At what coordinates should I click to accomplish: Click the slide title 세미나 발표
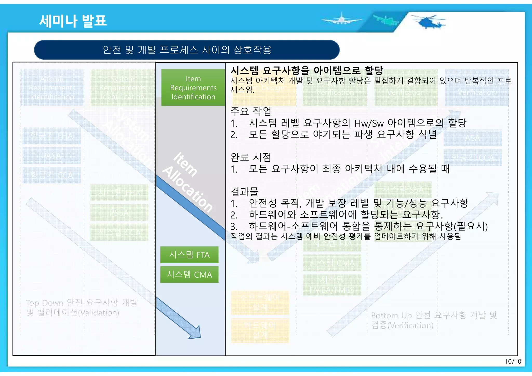point(73,21)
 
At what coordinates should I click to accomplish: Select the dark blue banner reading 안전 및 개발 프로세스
point(187,50)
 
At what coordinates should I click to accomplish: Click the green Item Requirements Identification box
point(193,88)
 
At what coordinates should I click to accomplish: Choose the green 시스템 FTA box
point(189,255)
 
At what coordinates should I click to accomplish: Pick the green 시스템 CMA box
point(189,275)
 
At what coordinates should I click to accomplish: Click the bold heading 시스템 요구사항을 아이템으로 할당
point(307,70)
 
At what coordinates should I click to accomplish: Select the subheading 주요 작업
point(251,111)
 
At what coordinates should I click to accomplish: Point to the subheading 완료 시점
point(251,157)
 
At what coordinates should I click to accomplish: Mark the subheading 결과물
point(244,192)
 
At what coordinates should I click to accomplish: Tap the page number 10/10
point(513,361)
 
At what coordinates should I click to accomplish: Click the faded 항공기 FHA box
point(51,136)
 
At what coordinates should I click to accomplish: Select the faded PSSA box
point(119,213)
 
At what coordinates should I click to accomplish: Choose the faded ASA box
point(473,138)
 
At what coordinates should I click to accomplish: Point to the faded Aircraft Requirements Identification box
point(52,88)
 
